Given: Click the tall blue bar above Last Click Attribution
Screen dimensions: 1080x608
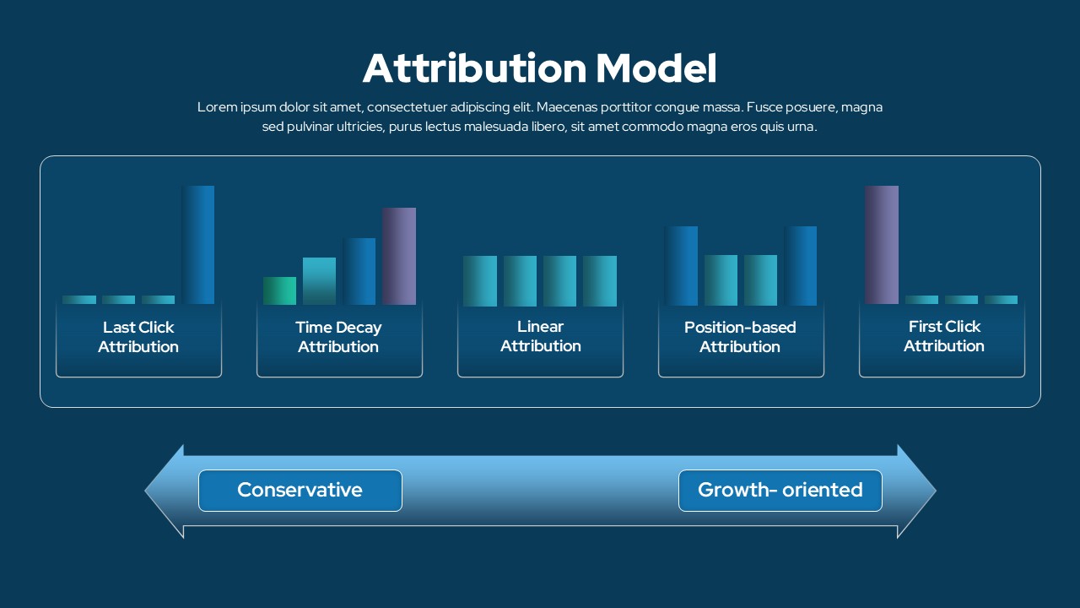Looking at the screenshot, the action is pos(197,245).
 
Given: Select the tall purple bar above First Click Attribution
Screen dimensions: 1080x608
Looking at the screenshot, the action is pos(882,245).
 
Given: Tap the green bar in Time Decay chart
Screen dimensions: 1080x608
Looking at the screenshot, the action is pos(279,291).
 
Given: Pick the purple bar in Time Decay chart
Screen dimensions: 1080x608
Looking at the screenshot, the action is pos(399,256).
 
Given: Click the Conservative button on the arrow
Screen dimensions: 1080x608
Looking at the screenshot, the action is pos(300,491).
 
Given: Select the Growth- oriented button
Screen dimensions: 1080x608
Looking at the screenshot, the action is pos(780,491).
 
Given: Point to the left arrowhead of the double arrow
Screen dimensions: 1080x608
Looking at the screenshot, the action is pos(165,491).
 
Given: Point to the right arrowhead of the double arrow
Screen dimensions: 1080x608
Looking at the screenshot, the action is pos(916,491).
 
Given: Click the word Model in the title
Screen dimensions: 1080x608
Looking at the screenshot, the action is pos(656,68).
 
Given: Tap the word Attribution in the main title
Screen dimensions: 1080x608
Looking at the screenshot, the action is pos(474,68).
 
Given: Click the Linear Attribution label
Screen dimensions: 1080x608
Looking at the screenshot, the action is pos(541,336).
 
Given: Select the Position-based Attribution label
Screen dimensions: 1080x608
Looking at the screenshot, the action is pos(740,337).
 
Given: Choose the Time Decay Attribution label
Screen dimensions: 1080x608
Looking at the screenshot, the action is pos(338,337).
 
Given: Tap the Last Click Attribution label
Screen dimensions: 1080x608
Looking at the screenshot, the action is pos(138,337).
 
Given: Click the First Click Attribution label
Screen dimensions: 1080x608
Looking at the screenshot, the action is pos(944,336).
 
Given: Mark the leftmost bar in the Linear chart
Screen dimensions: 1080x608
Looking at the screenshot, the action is pos(480,281).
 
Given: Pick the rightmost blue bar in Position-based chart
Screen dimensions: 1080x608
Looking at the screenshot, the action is pos(801,266).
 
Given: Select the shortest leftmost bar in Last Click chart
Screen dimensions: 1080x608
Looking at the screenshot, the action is pos(79,300).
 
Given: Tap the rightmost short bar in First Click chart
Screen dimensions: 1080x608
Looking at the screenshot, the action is pos(1001,300).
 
